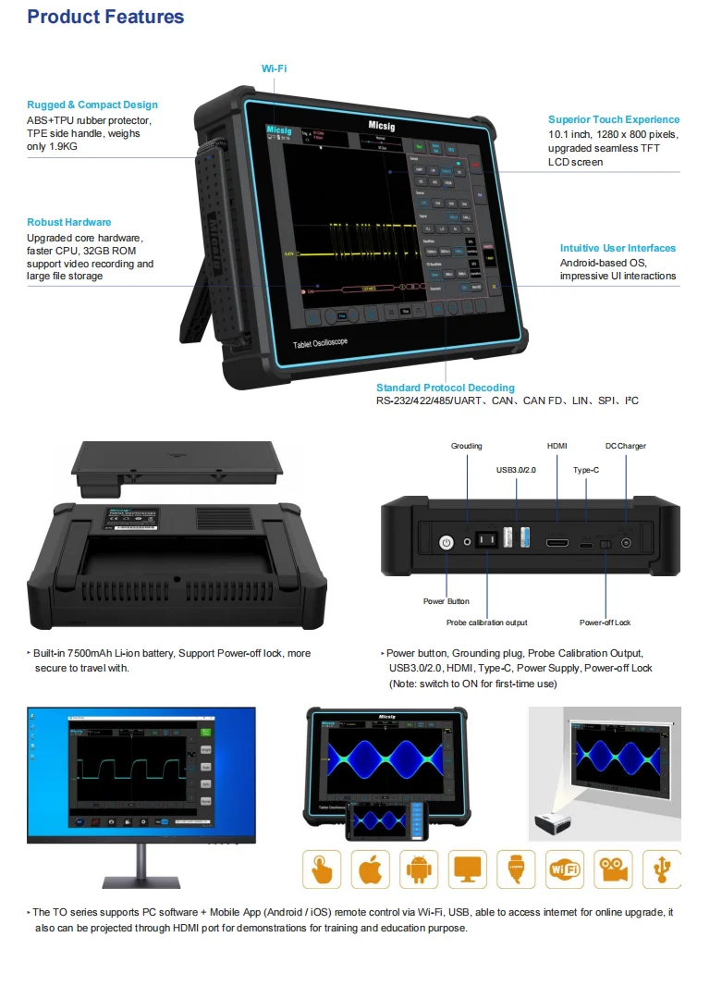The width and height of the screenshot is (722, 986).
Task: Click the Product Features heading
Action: pos(105,17)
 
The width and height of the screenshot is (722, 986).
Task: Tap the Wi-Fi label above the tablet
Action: pos(274,68)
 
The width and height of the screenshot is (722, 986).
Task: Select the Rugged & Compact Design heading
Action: pos(92,105)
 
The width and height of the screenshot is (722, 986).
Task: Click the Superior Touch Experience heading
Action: pos(613,119)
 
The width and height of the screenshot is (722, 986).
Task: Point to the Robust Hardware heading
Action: pos(69,222)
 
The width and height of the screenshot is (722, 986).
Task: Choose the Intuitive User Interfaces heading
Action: pos(618,248)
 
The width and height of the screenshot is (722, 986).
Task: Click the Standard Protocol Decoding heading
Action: pos(446,388)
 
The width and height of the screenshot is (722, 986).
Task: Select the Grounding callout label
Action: pos(466,446)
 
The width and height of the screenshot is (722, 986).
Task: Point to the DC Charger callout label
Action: pos(626,446)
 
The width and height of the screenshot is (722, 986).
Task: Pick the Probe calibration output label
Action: pos(486,622)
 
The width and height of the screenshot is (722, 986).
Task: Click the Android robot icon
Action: pos(420,869)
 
